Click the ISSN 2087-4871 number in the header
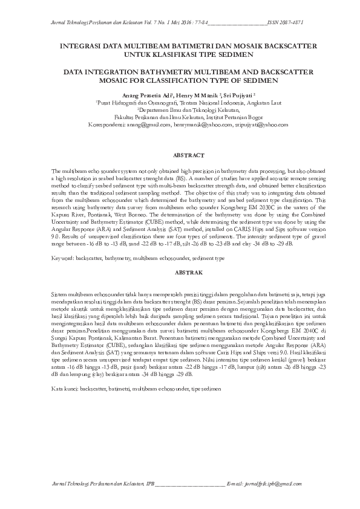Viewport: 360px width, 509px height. (289, 22)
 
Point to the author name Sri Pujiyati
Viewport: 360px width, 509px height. (237, 96)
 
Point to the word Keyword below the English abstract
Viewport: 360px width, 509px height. (64, 258)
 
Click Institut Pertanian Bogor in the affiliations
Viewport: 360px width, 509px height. (212, 117)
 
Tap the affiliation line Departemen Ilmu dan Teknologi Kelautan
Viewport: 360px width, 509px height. (180, 110)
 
